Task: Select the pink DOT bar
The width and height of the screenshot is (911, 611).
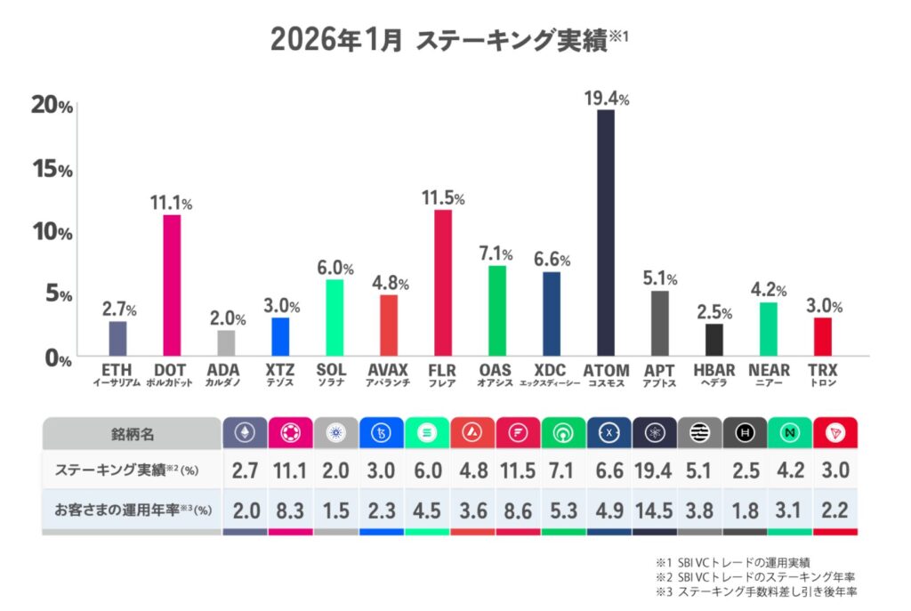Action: (x=172, y=285)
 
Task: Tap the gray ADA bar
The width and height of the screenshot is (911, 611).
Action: (x=226, y=343)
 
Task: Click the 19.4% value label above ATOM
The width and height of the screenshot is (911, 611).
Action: (x=607, y=98)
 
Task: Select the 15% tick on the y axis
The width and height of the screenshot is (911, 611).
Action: (x=52, y=169)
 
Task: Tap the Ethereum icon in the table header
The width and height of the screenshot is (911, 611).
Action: (x=243, y=433)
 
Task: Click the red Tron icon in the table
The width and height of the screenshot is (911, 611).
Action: (x=835, y=433)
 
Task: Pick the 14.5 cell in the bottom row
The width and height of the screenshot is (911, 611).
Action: (x=654, y=511)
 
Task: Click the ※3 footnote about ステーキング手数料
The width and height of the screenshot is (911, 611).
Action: (x=755, y=591)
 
